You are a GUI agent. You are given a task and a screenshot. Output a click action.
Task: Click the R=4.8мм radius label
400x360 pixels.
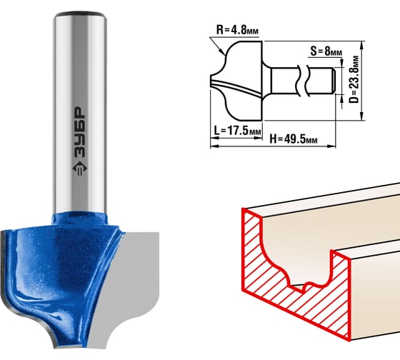tap(237, 30)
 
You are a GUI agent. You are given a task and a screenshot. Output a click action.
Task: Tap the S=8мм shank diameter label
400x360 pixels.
tap(326, 51)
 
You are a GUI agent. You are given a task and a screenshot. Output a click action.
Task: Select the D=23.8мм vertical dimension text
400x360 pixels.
tap(354, 79)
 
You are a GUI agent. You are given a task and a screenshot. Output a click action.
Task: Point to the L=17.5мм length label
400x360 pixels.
tap(237, 131)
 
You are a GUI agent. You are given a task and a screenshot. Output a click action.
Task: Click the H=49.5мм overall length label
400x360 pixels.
tap(294, 139)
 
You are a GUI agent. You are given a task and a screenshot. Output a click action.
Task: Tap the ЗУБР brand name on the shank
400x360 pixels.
tap(80, 133)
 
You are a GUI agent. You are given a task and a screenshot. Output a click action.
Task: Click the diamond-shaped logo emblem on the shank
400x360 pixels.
tap(80, 169)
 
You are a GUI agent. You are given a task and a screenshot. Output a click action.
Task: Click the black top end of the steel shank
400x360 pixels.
tap(80, 14)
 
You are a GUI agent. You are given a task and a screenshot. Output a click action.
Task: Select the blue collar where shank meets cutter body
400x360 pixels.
tap(80, 218)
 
